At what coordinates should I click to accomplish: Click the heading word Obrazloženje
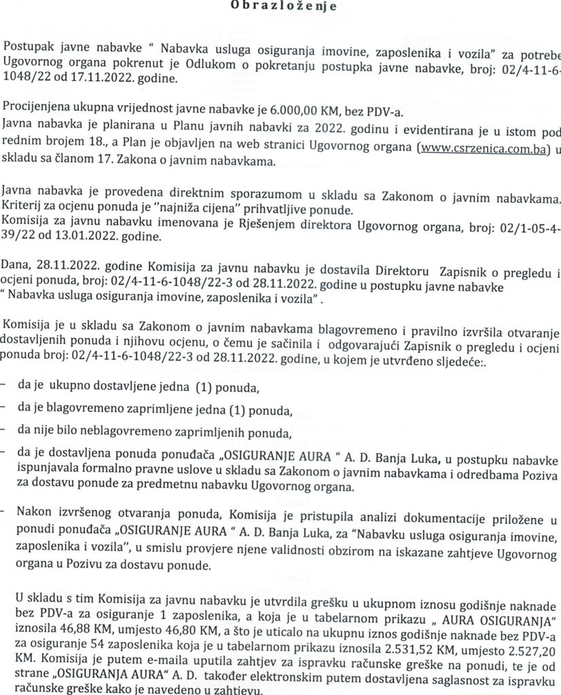pyautogui.click(x=280, y=6)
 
